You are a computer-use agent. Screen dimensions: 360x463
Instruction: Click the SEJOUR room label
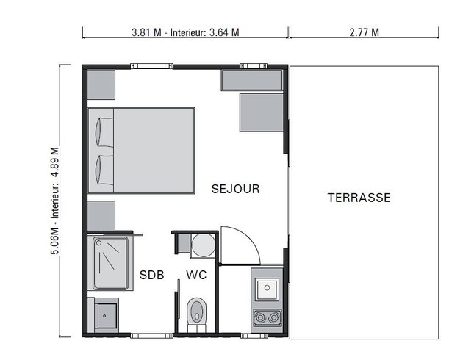point(235,189)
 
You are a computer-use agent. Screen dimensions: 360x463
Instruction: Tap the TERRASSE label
point(359,198)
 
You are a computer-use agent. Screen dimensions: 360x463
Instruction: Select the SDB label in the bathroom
point(151,276)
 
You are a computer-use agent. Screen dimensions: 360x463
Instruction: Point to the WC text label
point(196,276)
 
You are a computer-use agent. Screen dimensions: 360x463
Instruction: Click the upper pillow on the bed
point(104,132)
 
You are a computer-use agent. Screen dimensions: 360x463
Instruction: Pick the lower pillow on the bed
point(104,170)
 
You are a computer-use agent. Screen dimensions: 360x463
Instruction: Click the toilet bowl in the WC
point(196,311)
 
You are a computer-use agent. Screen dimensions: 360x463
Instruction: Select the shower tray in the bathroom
point(110,262)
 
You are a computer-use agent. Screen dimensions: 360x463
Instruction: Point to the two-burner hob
point(265,317)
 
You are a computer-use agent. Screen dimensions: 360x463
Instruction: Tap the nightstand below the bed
point(101,215)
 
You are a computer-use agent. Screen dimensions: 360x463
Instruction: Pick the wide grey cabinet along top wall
point(251,81)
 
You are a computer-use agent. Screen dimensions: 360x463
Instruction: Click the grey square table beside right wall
point(261,112)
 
